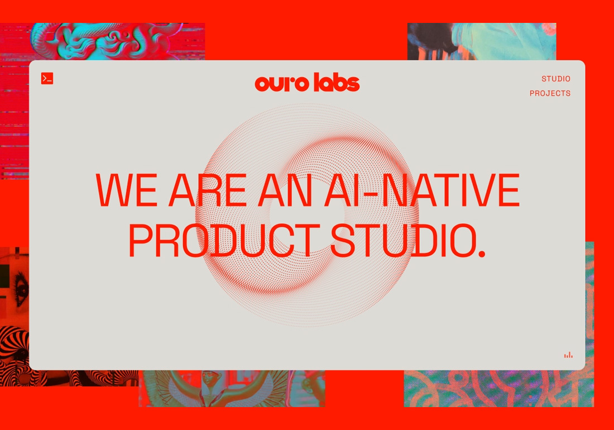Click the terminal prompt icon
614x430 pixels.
pyautogui.click(x=47, y=79)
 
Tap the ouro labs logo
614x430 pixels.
pyautogui.click(x=307, y=83)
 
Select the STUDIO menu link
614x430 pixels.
pyautogui.click(x=555, y=79)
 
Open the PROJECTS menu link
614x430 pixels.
pyautogui.click(x=550, y=93)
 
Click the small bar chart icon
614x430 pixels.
pyautogui.click(x=568, y=355)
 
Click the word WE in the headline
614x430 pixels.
pyautogui.click(x=127, y=191)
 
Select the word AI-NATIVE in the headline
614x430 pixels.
pyautogui.click(x=421, y=191)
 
